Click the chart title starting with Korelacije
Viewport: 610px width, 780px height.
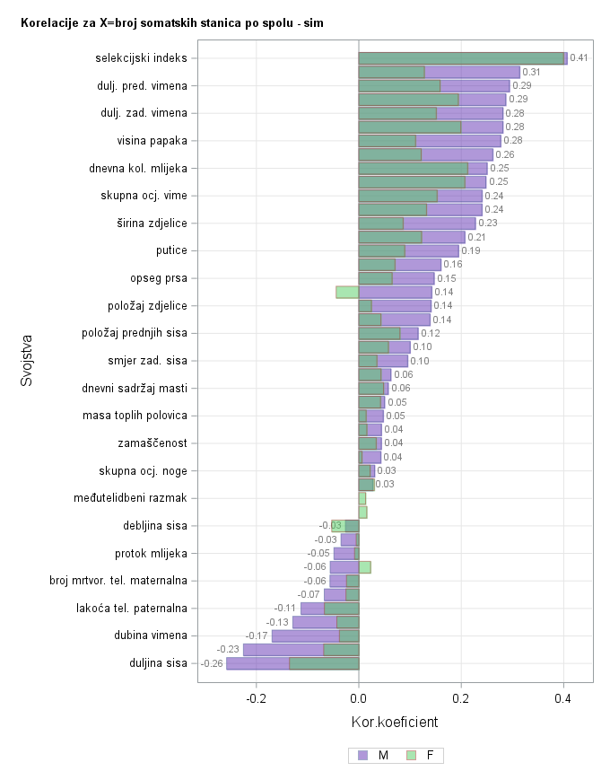click(x=172, y=22)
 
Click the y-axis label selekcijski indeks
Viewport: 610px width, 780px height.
click(x=141, y=58)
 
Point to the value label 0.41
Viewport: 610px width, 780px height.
click(x=579, y=58)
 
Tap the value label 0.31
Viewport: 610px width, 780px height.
click(x=531, y=72)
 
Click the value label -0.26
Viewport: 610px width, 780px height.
click(x=212, y=663)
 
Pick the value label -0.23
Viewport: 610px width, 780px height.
click(x=228, y=650)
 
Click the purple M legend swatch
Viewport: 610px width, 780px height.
click(x=363, y=756)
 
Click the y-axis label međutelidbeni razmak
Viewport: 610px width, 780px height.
click(x=130, y=498)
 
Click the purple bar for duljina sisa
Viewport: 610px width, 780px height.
click(x=257, y=663)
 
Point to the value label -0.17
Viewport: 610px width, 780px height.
click(x=257, y=636)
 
